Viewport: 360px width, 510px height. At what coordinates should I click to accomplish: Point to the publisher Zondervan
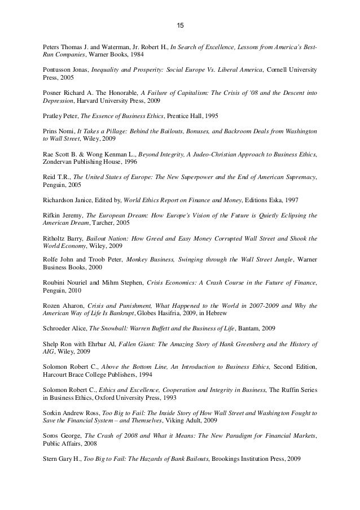pos(58,161)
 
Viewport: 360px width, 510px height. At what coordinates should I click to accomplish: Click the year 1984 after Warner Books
pos(142,55)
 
